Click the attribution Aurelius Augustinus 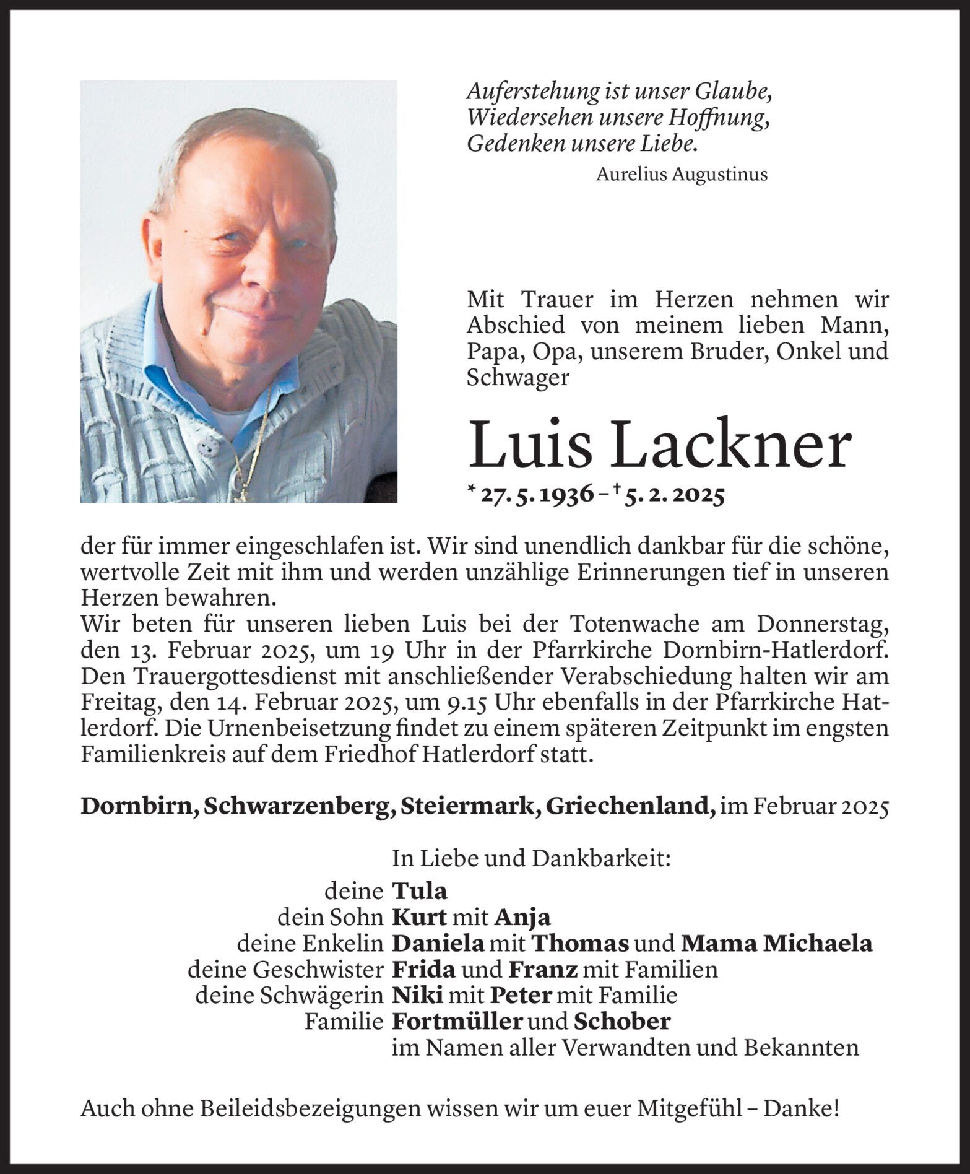pyautogui.click(x=682, y=175)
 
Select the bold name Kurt pyautogui.click(x=419, y=916)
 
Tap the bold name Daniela pyautogui.click(x=438, y=942)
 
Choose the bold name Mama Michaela pyautogui.click(x=776, y=942)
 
